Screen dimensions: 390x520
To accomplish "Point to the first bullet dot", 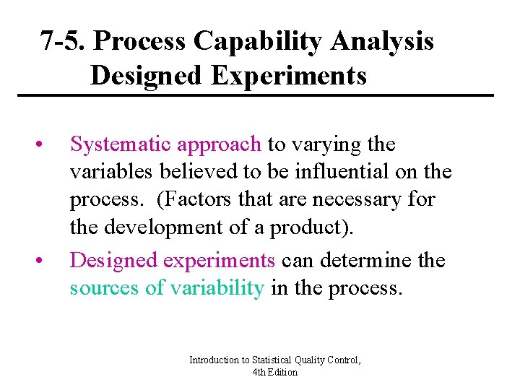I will click(x=45, y=145).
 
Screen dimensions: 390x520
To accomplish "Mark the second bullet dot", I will click(x=45, y=261).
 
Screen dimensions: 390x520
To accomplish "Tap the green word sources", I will click(x=105, y=287).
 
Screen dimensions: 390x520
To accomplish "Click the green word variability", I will click(x=217, y=287).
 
